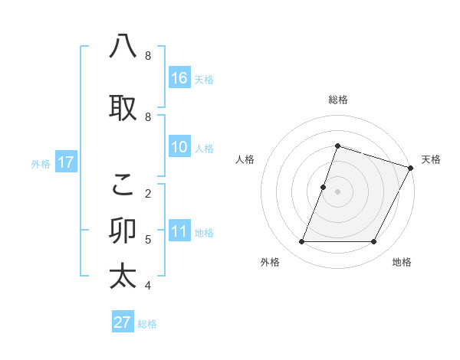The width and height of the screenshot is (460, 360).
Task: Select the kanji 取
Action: [x=123, y=108]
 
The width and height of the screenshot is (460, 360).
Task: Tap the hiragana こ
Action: [x=123, y=184]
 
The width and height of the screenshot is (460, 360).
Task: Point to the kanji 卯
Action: [x=123, y=230]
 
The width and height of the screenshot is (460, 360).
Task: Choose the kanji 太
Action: [x=123, y=276]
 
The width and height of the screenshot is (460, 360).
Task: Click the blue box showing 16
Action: [x=179, y=77]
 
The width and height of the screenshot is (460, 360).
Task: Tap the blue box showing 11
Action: [x=179, y=231]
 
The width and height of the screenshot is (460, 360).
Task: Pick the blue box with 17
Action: [x=65, y=162]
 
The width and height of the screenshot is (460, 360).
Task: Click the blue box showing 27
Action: [x=123, y=322]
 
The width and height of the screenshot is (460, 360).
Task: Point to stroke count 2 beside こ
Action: [x=148, y=193]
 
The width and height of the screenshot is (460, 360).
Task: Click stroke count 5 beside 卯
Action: [x=148, y=239]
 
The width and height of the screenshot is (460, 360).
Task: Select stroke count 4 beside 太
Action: [x=148, y=286]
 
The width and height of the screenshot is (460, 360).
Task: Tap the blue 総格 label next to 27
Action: [x=147, y=324]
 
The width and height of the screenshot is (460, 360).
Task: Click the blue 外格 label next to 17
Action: [x=41, y=163]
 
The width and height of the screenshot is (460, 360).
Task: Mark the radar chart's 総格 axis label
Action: [x=337, y=100]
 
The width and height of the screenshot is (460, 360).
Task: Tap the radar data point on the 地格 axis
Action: [x=374, y=242]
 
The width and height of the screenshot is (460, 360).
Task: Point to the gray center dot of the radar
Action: [x=337, y=191]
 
